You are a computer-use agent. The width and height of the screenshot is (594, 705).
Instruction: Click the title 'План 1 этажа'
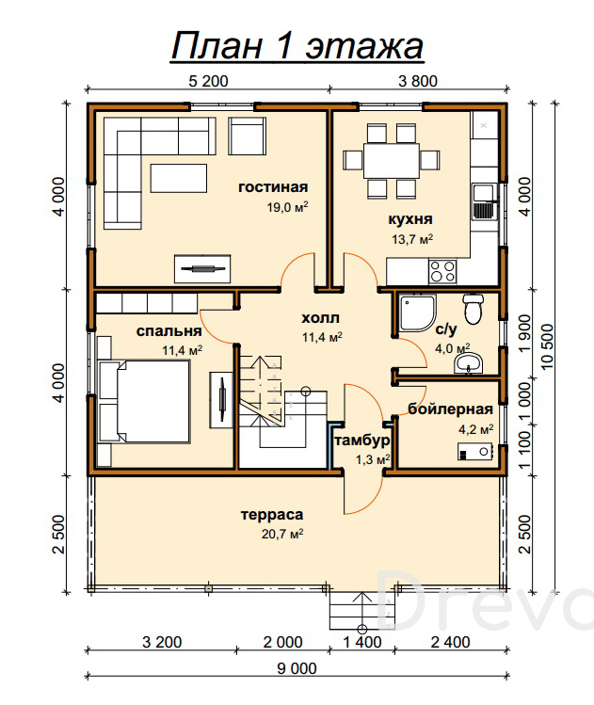pos(297,46)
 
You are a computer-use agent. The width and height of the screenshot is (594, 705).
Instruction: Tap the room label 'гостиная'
pos(273,187)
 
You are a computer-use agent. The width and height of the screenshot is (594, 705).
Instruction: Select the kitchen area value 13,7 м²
pos(412,239)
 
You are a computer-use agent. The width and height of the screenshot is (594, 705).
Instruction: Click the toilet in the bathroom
pos(473,309)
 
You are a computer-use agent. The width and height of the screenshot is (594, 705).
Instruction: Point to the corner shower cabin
pos(416,312)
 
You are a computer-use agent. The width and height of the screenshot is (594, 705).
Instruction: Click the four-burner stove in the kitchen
pos(442,272)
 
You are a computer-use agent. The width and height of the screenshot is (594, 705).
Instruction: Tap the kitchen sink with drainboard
pos(484,201)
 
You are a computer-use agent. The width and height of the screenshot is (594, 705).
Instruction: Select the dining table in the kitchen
pos(392,161)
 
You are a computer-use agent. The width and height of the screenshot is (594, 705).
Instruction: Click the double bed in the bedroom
pos(144,401)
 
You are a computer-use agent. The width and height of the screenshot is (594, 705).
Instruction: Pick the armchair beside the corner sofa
pos(247,136)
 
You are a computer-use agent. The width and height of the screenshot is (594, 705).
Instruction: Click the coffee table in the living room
pos(179,178)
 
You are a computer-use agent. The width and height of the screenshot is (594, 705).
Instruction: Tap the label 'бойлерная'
pos(450,409)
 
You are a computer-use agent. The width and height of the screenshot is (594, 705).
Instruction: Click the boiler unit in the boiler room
pos(474,452)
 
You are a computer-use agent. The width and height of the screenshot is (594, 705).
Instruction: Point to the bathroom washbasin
pos(468,363)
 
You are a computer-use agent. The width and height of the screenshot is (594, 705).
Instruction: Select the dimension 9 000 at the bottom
pos(297,668)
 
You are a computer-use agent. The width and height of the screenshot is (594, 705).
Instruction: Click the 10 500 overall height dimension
pos(548,346)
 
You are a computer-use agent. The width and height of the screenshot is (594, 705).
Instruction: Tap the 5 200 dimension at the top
pos(208,81)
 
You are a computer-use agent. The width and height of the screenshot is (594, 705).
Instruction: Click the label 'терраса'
pos(272,515)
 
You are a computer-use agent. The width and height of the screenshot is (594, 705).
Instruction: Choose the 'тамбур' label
pos(362,441)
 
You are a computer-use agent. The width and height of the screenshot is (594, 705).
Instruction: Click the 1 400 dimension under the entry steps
pos(362,642)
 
